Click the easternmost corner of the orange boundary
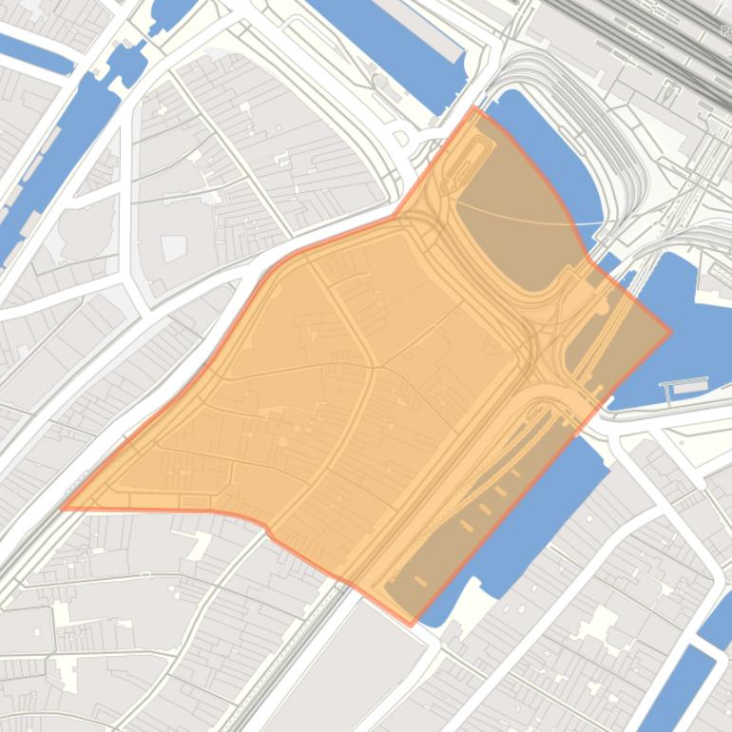671,332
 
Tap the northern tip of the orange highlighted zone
473,107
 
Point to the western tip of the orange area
62,508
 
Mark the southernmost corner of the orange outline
412,626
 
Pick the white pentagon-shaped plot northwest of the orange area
174,248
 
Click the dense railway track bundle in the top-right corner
665,38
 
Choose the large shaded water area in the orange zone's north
518,228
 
